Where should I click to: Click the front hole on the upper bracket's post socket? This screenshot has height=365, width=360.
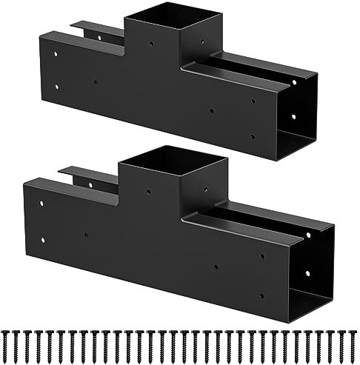152,43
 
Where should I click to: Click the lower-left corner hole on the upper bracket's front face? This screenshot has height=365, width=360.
56,86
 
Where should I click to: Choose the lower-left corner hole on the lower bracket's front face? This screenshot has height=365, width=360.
44,238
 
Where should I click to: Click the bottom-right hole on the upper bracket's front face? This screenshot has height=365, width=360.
252,136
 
